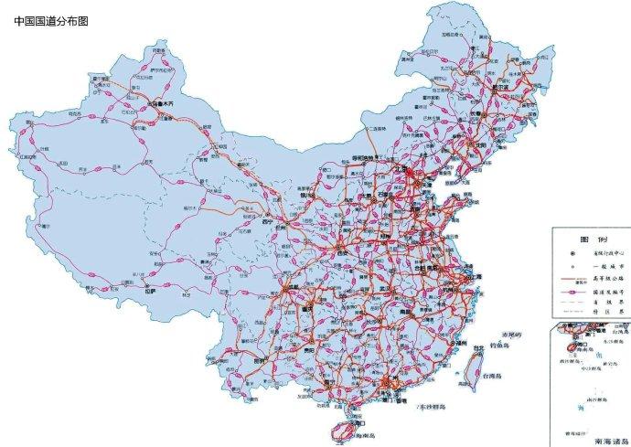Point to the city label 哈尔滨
500,88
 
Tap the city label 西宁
267,222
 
